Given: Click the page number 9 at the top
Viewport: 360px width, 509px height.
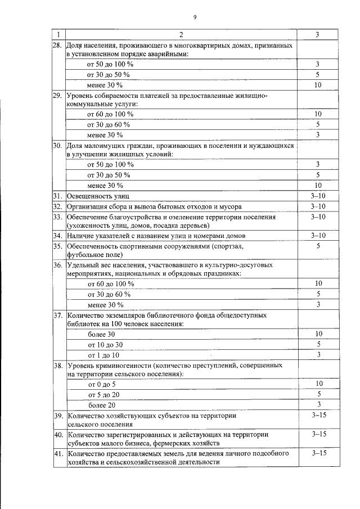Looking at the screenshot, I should pos(195,17).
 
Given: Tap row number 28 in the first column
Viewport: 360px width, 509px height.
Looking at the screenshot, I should pos(57,45).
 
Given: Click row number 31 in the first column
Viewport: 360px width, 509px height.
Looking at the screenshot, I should pos(57,196).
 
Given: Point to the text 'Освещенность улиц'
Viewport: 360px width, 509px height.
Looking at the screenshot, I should pos(98,196).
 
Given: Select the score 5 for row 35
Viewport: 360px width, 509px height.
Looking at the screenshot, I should pos(318,246).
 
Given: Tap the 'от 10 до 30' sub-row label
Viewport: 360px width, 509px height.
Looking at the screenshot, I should pos(105,344).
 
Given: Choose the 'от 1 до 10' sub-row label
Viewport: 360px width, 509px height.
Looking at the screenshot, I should pos(103,354).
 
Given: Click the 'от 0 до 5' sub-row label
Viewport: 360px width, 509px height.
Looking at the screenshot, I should pos(102,384).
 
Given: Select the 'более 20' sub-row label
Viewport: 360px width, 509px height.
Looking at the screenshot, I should pos(102,404).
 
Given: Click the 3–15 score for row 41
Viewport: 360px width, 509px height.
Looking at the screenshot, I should pos(318,453).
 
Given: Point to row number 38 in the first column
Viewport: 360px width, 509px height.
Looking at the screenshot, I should pos(57,365).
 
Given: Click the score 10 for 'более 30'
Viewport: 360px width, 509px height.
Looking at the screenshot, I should pos(318,334).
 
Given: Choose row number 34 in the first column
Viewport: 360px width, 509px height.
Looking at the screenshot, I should pos(57,235).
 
